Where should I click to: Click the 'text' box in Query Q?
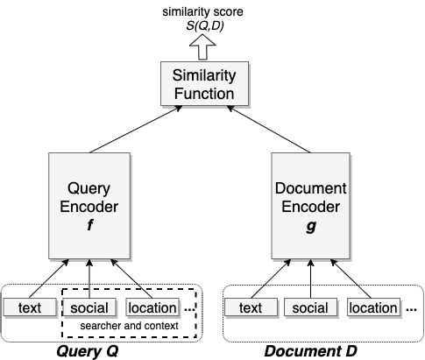pyautogui.click(x=29, y=307)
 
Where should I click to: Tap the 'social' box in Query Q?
pyautogui.click(x=89, y=307)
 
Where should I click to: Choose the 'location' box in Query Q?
pyautogui.click(x=152, y=307)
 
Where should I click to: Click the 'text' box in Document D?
pyautogui.click(x=251, y=307)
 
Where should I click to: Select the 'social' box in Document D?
pyautogui.click(x=309, y=307)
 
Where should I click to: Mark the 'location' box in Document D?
pyautogui.click(x=373, y=307)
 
